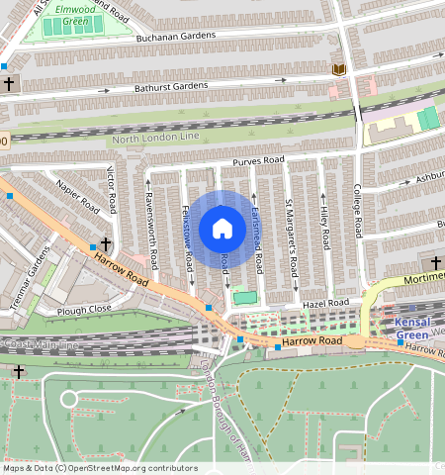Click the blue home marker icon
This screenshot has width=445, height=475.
pyautogui.click(x=222, y=230)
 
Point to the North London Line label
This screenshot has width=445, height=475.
pyautogui.click(x=155, y=140)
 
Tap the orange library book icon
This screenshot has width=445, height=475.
pyautogui.click(x=339, y=68)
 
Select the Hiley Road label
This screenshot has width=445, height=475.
pyautogui.click(x=322, y=228)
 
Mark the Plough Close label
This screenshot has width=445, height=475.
pyautogui.click(x=84, y=309)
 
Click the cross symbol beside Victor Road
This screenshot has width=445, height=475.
pyautogui.click(x=105, y=243)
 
